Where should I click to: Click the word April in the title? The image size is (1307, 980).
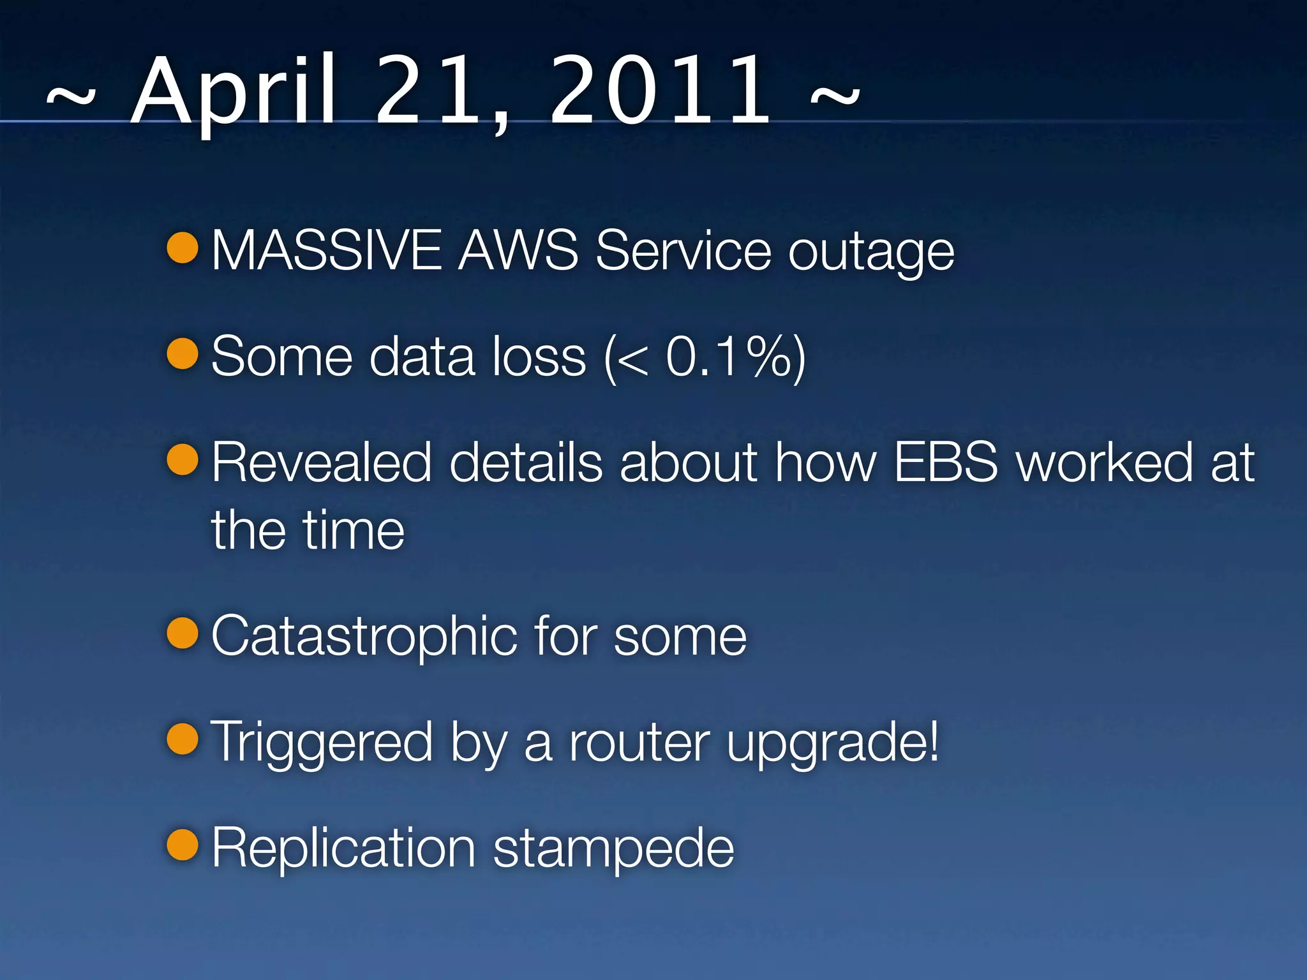coord(233,93)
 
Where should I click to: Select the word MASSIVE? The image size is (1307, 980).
coord(326,250)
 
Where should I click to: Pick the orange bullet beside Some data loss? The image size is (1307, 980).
coord(183,353)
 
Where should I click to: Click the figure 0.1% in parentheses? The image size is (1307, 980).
coord(728,357)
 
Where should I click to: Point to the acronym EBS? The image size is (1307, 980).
coord(945,462)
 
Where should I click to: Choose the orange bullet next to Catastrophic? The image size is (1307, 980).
coord(183,632)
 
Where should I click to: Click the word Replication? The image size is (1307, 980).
coord(343,849)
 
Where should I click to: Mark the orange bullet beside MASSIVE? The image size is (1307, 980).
coord(183,248)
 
